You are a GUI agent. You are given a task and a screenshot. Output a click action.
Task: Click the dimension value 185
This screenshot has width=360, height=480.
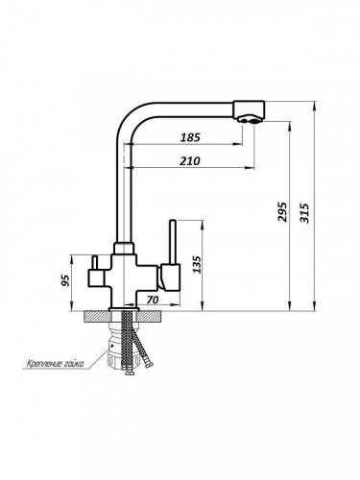tap(190, 137)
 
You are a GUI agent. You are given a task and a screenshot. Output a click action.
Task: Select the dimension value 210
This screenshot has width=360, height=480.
tap(189, 160)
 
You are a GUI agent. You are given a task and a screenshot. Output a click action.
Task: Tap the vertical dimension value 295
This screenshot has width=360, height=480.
tap(282, 211)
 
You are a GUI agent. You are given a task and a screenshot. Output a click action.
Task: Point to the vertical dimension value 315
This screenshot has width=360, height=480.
tap(304, 213)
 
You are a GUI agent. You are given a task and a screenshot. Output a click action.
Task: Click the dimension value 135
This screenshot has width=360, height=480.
tap(198, 264)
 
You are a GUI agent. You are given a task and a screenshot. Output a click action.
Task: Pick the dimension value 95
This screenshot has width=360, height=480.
tap(65, 280)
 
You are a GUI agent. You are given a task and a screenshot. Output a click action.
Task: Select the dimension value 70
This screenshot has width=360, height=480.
tap(153, 300)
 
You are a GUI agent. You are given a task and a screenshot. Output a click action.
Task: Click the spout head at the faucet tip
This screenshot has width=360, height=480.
tap(249, 109)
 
